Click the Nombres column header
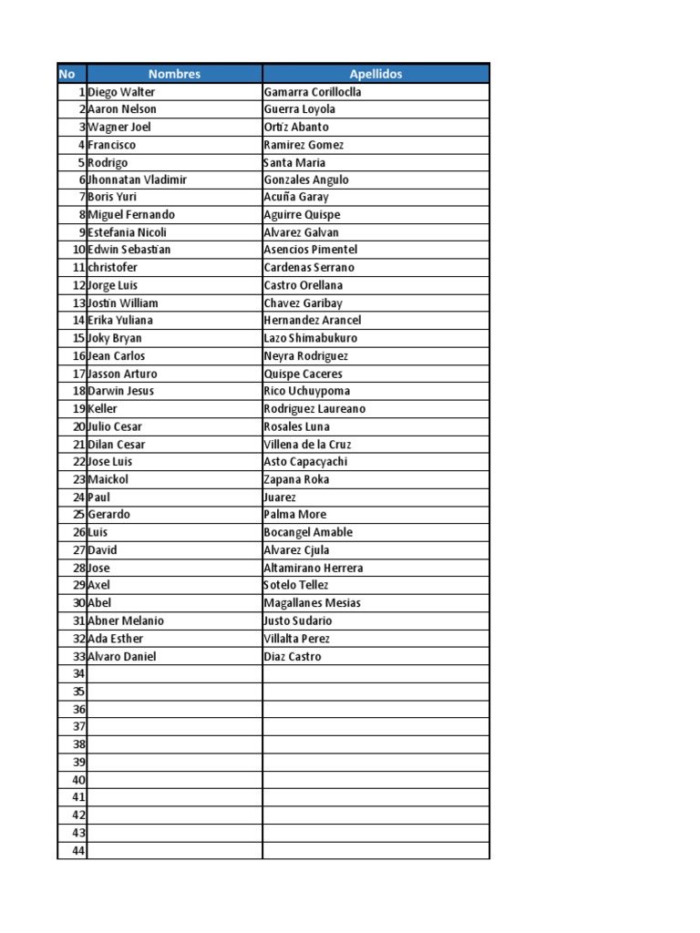click(x=174, y=74)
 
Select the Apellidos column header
click(x=376, y=74)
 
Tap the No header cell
click(x=67, y=74)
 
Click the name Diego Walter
click(x=122, y=92)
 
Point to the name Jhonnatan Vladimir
click(x=138, y=179)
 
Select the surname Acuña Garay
click(x=296, y=197)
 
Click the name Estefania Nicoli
click(x=128, y=232)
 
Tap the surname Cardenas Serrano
click(x=309, y=268)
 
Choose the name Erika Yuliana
click(x=120, y=320)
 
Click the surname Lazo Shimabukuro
click(x=310, y=338)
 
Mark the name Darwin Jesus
click(x=121, y=391)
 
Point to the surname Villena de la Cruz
click(x=307, y=445)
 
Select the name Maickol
click(x=108, y=479)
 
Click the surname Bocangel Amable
click(x=308, y=532)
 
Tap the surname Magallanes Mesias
click(x=312, y=602)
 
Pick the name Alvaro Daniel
click(x=122, y=656)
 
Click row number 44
click(x=78, y=850)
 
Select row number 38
click(x=78, y=744)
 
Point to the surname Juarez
click(x=280, y=497)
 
